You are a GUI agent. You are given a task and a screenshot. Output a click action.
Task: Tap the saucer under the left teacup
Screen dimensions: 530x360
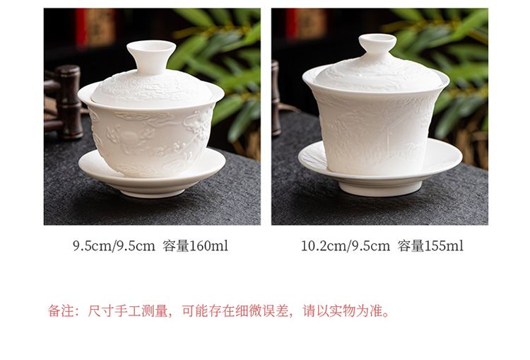click(152, 180)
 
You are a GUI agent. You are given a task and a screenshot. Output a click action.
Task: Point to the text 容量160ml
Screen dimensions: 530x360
click(195, 246)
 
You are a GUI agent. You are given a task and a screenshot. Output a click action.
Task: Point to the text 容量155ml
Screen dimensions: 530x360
click(430, 246)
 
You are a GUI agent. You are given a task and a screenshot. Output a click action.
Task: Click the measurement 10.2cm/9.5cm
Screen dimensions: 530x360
click(346, 246)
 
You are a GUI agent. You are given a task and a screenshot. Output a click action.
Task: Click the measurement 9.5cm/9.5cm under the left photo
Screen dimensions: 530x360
click(114, 246)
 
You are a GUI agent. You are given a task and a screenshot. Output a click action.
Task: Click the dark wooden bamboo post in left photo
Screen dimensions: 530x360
click(69, 102)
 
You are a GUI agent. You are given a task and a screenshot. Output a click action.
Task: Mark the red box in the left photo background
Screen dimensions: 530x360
click(95, 27)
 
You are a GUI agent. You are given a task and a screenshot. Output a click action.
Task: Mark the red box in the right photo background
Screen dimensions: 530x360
click(306, 23)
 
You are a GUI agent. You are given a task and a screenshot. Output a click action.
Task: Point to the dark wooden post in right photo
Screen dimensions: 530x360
click(276, 98)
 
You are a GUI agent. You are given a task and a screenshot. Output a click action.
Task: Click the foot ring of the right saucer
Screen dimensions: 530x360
click(376, 189)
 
